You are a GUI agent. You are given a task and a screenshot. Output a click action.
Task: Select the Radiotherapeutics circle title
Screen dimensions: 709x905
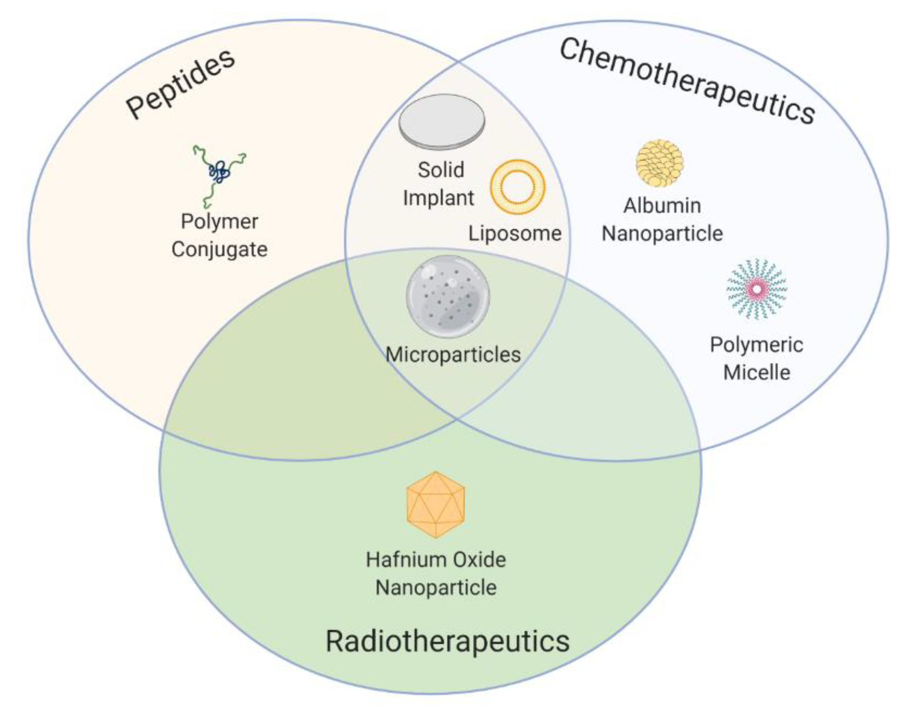(x=448, y=642)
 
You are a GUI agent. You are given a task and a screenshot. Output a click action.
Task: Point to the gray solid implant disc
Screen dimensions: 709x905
(x=441, y=122)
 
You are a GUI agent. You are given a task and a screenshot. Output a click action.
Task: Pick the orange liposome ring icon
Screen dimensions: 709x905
(x=518, y=187)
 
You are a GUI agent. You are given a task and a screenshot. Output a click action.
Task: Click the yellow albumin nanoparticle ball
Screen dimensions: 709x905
(x=659, y=163)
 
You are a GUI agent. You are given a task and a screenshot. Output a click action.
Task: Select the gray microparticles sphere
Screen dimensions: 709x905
(x=448, y=297)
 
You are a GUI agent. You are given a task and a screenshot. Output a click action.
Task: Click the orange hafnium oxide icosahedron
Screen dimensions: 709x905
(x=435, y=504)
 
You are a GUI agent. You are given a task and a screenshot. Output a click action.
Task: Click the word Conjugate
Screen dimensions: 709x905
(x=219, y=250)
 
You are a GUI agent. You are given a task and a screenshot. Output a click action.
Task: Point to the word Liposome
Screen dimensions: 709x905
(x=515, y=234)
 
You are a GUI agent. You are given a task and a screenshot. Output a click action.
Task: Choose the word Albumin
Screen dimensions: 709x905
(x=662, y=205)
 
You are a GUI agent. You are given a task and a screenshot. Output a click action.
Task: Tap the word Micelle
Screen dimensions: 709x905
(x=757, y=372)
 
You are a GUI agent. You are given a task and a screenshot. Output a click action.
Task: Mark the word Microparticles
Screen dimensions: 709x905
(x=453, y=355)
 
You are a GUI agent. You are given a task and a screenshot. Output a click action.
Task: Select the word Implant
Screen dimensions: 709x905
(x=438, y=198)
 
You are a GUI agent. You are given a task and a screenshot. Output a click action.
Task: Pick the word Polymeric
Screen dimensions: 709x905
(x=756, y=345)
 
